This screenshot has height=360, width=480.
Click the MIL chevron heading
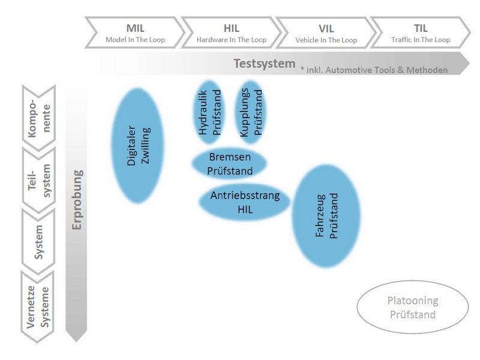[x=136, y=28]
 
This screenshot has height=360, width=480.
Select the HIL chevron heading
[x=232, y=28]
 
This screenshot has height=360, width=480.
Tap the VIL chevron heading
[x=326, y=28]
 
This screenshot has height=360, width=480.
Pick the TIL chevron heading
[x=421, y=28]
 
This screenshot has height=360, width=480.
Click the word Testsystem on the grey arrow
[x=264, y=63]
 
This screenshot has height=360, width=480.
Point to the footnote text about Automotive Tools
[x=374, y=70]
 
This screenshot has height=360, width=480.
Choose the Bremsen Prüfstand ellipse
[x=229, y=163]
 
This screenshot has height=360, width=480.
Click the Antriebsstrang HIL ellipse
[x=244, y=203]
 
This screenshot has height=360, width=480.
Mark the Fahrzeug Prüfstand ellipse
[x=326, y=216]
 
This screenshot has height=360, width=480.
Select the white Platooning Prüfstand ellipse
[x=412, y=308]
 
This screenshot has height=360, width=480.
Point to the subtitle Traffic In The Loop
[x=421, y=40]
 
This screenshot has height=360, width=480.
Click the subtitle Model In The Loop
[x=135, y=40]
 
